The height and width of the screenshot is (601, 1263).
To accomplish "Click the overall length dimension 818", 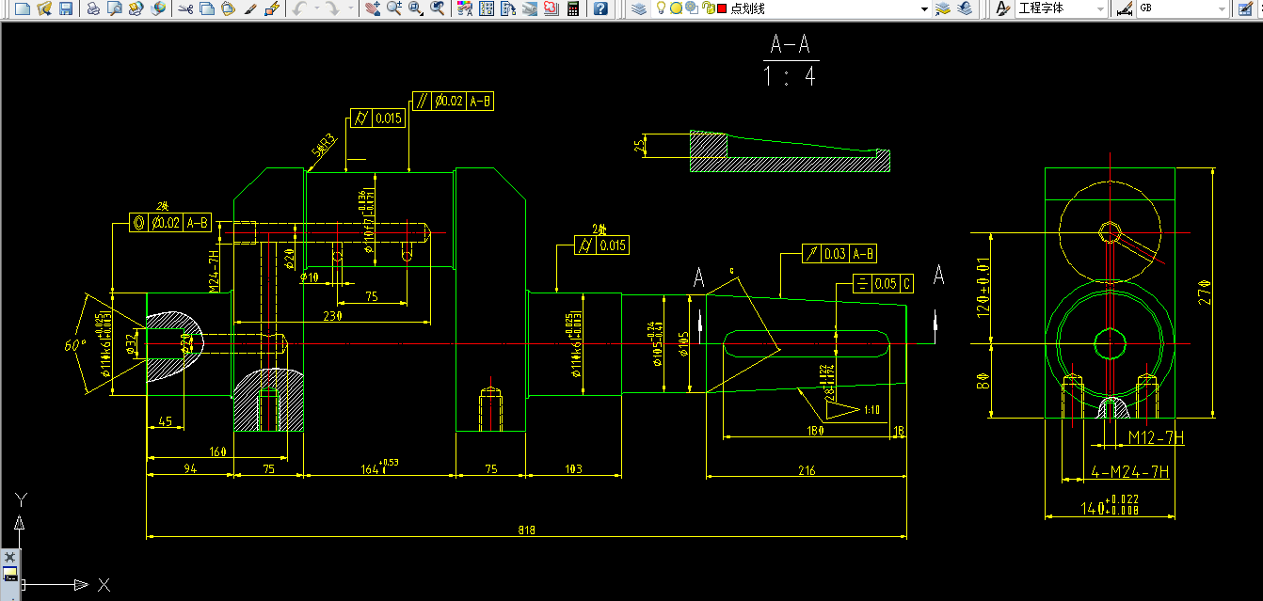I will [526, 530].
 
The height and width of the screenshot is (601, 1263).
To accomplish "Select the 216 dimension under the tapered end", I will [806, 470].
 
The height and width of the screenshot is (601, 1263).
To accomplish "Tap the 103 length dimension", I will [573, 468].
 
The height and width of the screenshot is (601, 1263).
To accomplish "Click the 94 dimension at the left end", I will [189, 468].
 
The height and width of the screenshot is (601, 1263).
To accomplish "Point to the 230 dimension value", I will [331, 316].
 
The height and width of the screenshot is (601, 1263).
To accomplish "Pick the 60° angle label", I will [75, 345].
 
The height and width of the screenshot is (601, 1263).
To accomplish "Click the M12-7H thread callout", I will [1156, 437].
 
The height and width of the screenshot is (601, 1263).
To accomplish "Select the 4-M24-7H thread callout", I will [1129, 472].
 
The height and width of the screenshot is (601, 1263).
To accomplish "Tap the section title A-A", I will [791, 44].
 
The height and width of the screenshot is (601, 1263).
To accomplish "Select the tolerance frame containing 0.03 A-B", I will [839, 254].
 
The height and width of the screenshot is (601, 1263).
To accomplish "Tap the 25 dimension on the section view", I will [640, 146].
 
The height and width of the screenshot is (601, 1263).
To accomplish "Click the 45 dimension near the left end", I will [166, 421].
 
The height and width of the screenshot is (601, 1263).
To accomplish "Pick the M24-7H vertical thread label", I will [214, 270].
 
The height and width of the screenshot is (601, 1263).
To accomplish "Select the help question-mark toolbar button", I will [600, 8].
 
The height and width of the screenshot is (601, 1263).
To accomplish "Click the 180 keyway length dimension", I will [815, 431].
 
